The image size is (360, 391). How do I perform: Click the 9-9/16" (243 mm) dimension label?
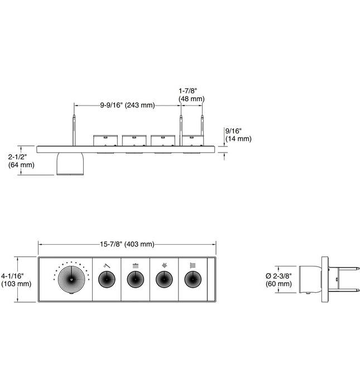click(x=127, y=104)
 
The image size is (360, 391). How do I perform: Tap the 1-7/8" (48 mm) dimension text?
click(x=190, y=94)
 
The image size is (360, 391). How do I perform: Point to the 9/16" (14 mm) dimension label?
click(x=237, y=135)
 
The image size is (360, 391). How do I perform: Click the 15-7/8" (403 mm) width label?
click(x=127, y=244)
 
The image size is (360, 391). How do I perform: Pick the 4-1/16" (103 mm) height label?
click(x=17, y=279)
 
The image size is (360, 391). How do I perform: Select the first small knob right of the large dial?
click(x=107, y=279)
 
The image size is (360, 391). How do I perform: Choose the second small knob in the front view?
click(x=136, y=279)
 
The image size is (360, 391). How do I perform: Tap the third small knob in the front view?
click(x=164, y=279)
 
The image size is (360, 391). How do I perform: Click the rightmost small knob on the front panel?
click(x=193, y=279)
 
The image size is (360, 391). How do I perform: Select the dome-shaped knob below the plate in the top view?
click(x=69, y=163)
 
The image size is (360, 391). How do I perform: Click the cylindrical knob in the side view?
click(x=310, y=279)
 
